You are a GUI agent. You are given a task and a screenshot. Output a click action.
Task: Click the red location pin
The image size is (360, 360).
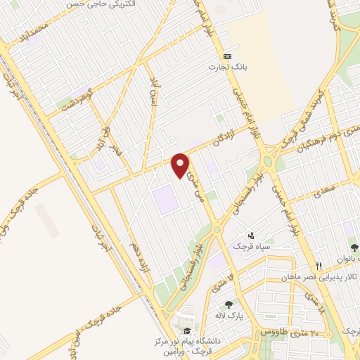pyautogui.click(x=181, y=165)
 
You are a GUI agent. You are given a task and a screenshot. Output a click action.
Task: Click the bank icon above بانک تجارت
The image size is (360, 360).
pyautogui.click(x=227, y=56)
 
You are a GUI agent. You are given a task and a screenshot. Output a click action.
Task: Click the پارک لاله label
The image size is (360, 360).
pyautogui.click(x=229, y=316)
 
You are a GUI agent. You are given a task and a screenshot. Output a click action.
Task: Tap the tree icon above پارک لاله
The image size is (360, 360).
pyautogui.click(x=229, y=304)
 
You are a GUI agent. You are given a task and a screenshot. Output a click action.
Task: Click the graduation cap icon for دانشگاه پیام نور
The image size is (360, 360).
pyautogui.click(x=186, y=331)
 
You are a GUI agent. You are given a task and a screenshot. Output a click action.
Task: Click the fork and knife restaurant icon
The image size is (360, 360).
pyautogui.click(x=319, y=265)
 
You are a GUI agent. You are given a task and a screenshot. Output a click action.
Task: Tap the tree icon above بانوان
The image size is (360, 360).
pyautogui.click(x=354, y=247)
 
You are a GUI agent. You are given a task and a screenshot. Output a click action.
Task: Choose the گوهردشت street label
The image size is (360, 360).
pyautogui.click(x=71, y=101)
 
